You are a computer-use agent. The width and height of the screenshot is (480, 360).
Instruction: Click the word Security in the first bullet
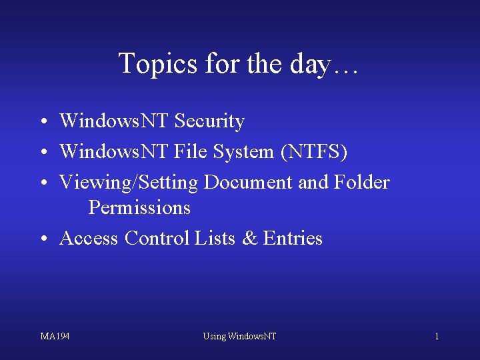[x=209, y=121]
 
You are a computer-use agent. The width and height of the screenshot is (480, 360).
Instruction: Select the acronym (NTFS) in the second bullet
[x=314, y=152]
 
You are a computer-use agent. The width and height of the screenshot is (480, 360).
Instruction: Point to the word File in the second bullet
[x=191, y=152]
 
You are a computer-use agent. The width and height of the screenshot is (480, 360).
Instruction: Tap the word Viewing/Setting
[x=129, y=182]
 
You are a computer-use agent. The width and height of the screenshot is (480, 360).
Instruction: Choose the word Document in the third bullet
[x=248, y=182]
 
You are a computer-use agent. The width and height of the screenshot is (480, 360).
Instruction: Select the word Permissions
[x=139, y=207]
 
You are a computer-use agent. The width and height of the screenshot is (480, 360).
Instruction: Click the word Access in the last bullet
[x=89, y=238]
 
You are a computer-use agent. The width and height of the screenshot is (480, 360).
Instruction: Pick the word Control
[x=157, y=238]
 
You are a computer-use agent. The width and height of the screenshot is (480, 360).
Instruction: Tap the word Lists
[x=215, y=238]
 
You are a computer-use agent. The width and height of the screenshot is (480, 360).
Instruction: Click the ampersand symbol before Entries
[x=249, y=238]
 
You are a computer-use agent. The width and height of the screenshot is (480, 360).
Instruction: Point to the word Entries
[x=293, y=238]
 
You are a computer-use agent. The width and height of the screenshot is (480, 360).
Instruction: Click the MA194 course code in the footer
[x=55, y=336]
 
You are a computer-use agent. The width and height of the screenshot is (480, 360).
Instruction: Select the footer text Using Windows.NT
[x=239, y=336]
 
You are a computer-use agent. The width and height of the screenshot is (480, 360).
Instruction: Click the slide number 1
[x=437, y=336]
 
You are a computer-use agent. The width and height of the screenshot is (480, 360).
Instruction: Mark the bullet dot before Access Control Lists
[x=42, y=239]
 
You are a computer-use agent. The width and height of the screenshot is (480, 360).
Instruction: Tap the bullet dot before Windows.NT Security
[x=42, y=123]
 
